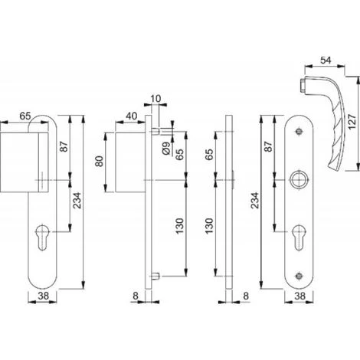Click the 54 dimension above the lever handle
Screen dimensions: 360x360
coord(326,61)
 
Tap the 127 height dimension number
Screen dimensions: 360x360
coord(352,123)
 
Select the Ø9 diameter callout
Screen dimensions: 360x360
coord(166,149)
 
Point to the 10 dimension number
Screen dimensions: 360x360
coord(155,99)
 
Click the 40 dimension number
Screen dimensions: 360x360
coord(132,116)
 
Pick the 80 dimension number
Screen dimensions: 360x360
coord(100,162)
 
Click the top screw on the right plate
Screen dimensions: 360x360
coord(299,132)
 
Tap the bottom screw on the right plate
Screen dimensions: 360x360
coord(299,276)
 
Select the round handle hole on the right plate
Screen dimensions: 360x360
coord(299,180)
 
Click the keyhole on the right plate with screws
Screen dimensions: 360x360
coord(299,237)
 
